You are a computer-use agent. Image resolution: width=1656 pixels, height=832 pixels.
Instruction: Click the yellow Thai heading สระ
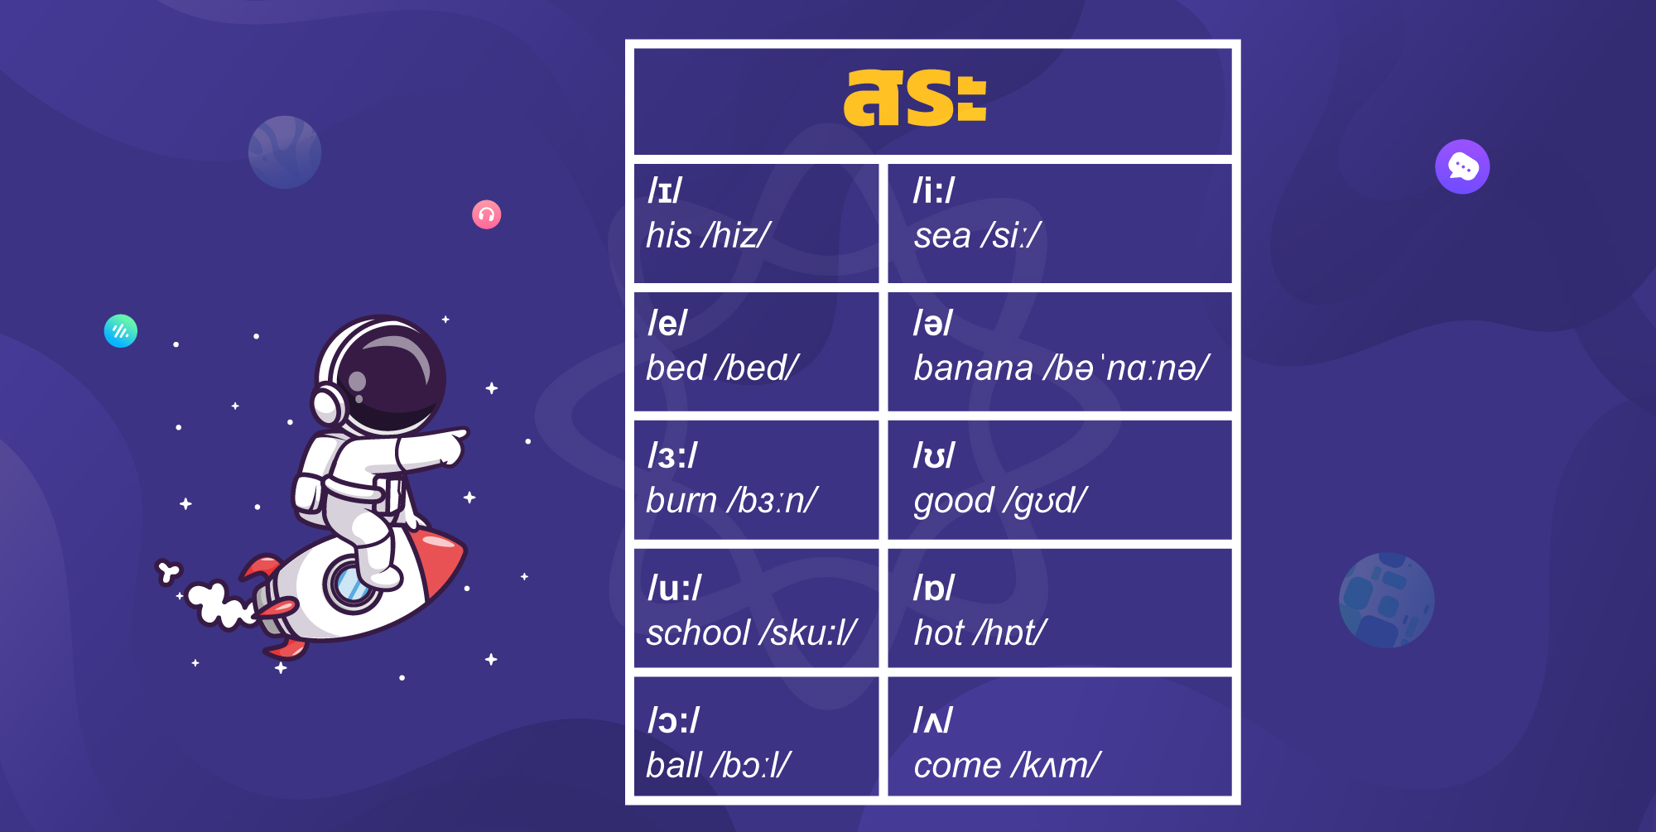(x=915, y=98)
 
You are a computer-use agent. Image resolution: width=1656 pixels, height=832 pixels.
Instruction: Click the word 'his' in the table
(x=668, y=236)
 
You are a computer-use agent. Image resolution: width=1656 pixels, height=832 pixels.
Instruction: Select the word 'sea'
(x=941, y=236)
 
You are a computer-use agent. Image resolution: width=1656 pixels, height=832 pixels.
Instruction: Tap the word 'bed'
(x=676, y=368)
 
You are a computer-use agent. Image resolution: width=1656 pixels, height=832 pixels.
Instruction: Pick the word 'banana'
(x=973, y=368)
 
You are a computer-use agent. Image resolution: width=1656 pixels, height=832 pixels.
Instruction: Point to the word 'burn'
(x=681, y=501)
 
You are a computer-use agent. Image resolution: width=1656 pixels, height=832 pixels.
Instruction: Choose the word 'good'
(x=953, y=502)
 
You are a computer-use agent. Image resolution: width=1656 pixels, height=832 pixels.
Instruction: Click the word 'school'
(x=698, y=633)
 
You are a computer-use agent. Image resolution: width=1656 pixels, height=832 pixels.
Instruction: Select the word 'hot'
(x=939, y=633)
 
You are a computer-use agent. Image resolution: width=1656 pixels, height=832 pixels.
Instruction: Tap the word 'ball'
(x=674, y=766)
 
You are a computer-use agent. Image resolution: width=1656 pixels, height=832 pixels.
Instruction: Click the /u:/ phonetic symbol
(x=674, y=589)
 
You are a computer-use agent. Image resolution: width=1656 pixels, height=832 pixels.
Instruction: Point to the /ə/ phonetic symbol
(x=932, y=324)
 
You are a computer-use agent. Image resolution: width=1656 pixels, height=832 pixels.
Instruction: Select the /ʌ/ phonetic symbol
(x=932, y=721)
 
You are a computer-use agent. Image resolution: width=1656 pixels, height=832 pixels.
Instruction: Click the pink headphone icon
(x=486, y=215)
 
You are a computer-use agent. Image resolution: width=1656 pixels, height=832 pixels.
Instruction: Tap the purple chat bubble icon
(x=1462, y=166)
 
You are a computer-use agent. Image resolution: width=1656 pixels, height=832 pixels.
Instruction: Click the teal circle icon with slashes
(x=121, y=331)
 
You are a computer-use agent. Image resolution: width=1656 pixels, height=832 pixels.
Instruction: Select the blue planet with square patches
(x=1386, y=600)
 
